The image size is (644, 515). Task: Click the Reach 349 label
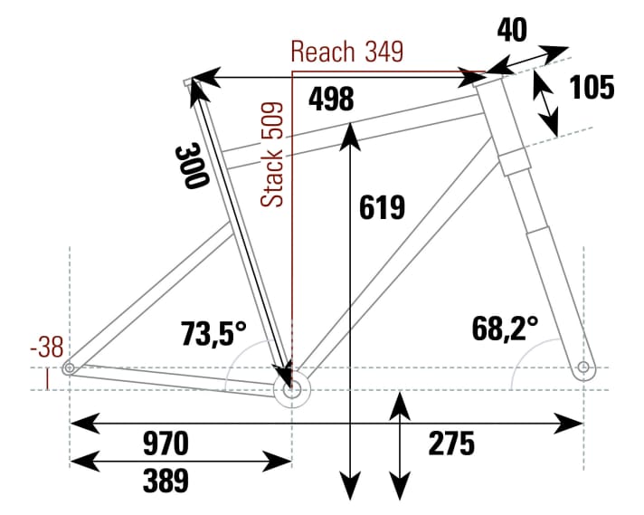pyautogui.click(x=348, y=52)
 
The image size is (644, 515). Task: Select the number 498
pyautogui.click(x=330, y=99)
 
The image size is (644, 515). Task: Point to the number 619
pyautogui.click(x=382, y=207)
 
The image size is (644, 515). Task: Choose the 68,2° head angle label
pyautogui.click(x=504, y=327)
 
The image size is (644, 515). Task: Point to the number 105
pyautogui.click(x=592, y=88)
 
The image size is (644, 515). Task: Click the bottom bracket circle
pyautogui.click(x=291, y=391)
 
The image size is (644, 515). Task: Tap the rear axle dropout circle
pyautogui.click(x=69, y=368)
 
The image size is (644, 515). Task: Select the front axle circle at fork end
pyautogui.click(x=582, y=367)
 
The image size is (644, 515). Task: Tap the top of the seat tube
pyautogui.click(x=191, y=83)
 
